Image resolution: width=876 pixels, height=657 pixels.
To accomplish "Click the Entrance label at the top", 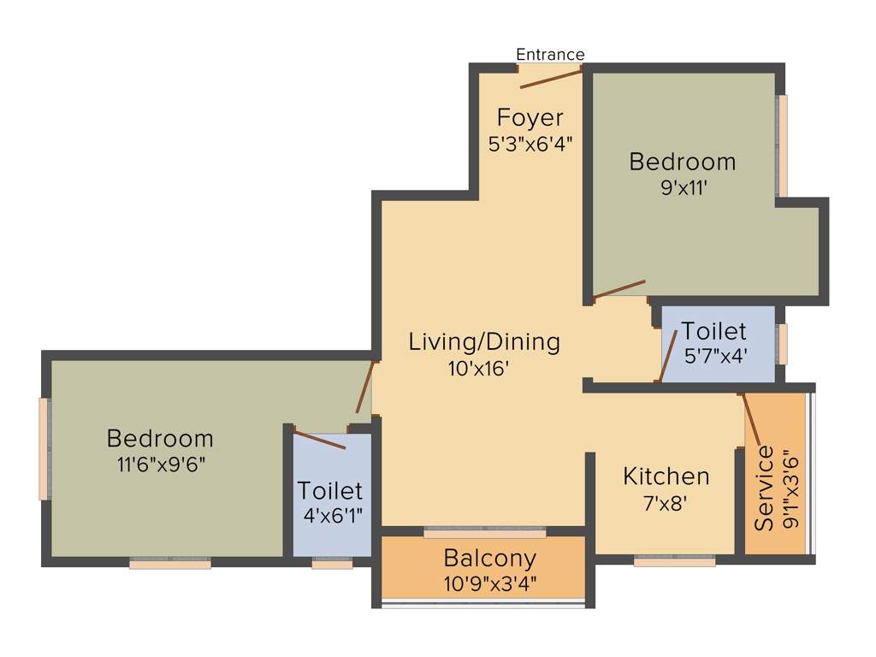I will [550, 55].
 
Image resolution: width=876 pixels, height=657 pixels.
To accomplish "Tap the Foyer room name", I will [530, 117].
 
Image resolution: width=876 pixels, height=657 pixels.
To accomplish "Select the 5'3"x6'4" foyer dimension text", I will [530, 143].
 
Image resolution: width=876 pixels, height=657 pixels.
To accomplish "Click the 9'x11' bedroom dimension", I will [682, 186].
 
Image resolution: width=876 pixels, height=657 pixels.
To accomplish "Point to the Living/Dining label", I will [484, 342].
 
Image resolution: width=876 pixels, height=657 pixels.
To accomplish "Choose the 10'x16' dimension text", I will [484, 370].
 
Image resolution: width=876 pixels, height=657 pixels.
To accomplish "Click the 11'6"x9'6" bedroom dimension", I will [159, 465].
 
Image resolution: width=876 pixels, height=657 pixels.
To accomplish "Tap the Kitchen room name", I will [666, 476].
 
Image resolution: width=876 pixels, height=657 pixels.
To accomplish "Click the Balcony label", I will [490, 559].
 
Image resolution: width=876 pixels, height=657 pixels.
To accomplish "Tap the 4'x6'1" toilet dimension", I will [330, 518].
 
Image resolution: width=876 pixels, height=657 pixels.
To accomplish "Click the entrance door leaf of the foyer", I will [551, 80].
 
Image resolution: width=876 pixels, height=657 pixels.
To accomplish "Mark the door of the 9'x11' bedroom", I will [619, 288].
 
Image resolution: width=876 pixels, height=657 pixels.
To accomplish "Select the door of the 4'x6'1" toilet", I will [320, 440].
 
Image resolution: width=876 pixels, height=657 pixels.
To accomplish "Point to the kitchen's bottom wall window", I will [674, 561].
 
